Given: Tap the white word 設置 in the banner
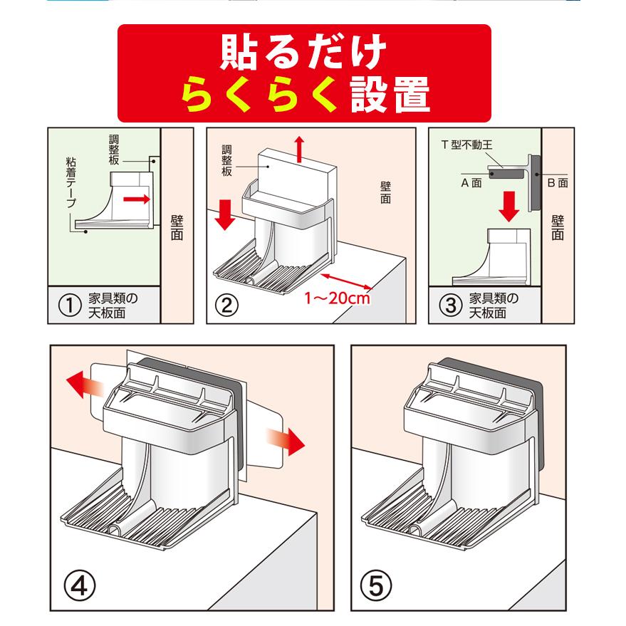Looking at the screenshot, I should tap(391, 97).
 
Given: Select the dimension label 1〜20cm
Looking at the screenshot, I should tap(338, 298).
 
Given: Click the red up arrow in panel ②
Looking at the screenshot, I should tap(299, 147).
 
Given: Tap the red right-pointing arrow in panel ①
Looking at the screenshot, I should tap(136, 200).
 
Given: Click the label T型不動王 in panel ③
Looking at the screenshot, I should tap(467, 144).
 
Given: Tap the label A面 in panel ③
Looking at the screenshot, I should tap(475, 182).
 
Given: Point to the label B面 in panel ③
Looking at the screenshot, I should tap(557, 183).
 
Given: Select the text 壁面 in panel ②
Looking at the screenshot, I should tap(385, 192).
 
